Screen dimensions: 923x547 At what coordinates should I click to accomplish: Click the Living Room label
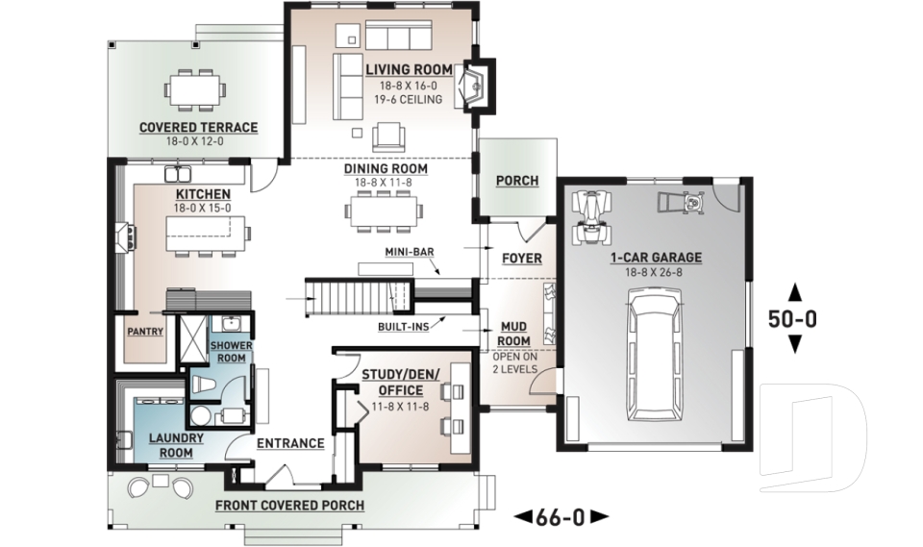(410, 69)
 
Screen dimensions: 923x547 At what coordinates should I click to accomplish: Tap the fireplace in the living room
(479, 86)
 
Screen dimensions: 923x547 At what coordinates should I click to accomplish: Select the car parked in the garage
(655, 354)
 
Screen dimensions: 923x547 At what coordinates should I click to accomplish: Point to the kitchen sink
(178, 174)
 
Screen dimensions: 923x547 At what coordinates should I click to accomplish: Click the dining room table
(385, 211)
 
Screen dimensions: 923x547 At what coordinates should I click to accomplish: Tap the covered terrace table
(195, 90)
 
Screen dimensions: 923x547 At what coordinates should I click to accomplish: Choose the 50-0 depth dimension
(793, 318)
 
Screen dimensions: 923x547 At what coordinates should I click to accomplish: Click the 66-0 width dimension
(561, 517)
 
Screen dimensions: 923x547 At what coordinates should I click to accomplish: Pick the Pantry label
(145, 332)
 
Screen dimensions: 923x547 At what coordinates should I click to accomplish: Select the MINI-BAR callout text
(410, 252)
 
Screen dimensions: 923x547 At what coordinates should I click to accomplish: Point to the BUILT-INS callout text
(403, 326)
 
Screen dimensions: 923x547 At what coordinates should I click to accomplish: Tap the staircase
(348, 298)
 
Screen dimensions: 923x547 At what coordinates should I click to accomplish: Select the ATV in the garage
(591, 216)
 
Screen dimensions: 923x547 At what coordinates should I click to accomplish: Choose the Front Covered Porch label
(289, 506)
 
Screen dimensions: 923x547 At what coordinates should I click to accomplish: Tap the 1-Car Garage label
(656, 258)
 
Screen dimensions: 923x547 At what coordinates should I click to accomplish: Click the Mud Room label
(513, 334)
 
